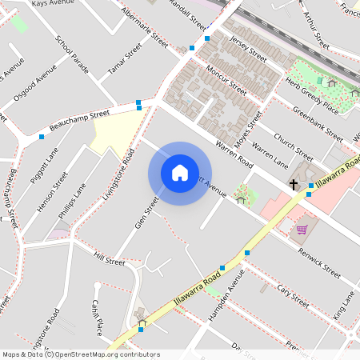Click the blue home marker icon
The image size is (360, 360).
(x=179, y=172)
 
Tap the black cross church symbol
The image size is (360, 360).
(x=294, y=185)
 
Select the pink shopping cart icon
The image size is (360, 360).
(x=302, y=230)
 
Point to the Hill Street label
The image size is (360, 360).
(x=110, y=260)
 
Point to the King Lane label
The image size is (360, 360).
(x=344, y=304)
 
